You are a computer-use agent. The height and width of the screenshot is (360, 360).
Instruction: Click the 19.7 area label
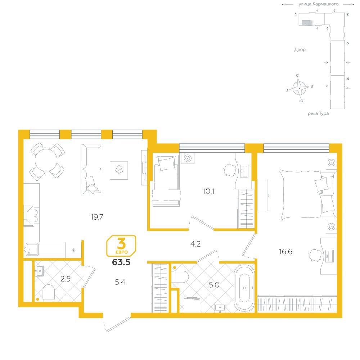click(x=97, y=217)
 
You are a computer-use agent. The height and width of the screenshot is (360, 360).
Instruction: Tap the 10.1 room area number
click(x=208, y=191)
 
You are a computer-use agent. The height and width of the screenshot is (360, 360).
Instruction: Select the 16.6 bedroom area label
click(x=285, y=252)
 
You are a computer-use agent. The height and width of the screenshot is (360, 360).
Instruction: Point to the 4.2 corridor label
click(x=195, y=244)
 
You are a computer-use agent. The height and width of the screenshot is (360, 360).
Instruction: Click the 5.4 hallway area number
click(x=120, y=282)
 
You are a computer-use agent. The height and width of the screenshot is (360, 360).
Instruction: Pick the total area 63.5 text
click(x=121, y=262)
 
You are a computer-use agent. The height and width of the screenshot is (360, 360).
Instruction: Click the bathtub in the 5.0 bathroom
click(x=244, y=288)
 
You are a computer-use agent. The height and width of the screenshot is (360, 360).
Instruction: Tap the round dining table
click(x=46, y=160)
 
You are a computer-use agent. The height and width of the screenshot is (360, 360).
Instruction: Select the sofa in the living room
click(x=91, y=169)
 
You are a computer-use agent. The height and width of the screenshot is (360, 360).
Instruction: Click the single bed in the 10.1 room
click(x=166, y=180)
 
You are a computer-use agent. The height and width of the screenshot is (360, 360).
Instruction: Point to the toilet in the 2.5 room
click(x=49, y=293)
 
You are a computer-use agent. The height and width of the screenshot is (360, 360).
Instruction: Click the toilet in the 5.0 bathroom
click(x=180, y=276)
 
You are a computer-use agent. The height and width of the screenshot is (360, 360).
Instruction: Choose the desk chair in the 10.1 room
click(x=230, y=170)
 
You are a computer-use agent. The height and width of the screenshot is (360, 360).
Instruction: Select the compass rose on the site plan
click(x=299, y=88)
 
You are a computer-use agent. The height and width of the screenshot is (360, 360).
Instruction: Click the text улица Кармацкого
click(x=319, y=4)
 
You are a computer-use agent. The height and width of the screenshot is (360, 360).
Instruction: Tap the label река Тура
click(x=318, y=113)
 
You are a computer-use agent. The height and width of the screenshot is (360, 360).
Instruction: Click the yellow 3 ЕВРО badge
click(x=121, y=246)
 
